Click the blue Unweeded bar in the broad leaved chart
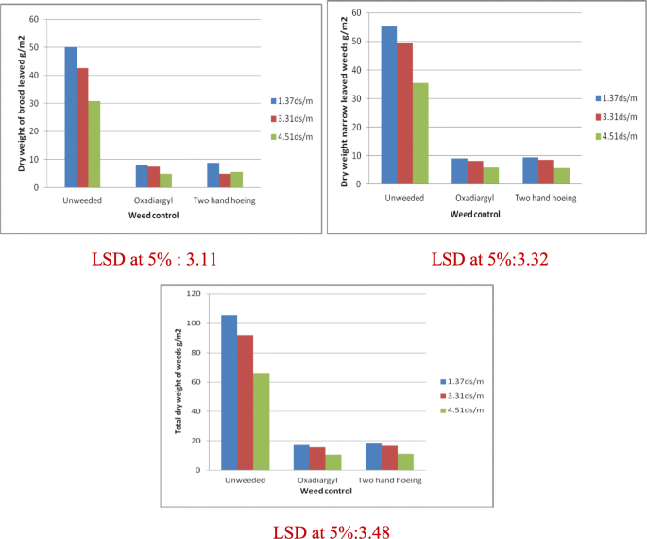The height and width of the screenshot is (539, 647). pos(71,116)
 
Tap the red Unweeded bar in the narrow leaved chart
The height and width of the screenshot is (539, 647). pos(404,113)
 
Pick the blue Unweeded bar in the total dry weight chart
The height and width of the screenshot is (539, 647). pos(230,391)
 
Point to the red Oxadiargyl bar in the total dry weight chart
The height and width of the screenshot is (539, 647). pos(316,458)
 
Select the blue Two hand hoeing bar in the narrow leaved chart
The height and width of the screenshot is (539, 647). pos(530,170)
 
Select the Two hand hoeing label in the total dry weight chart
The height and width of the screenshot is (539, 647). pos(389,480)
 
